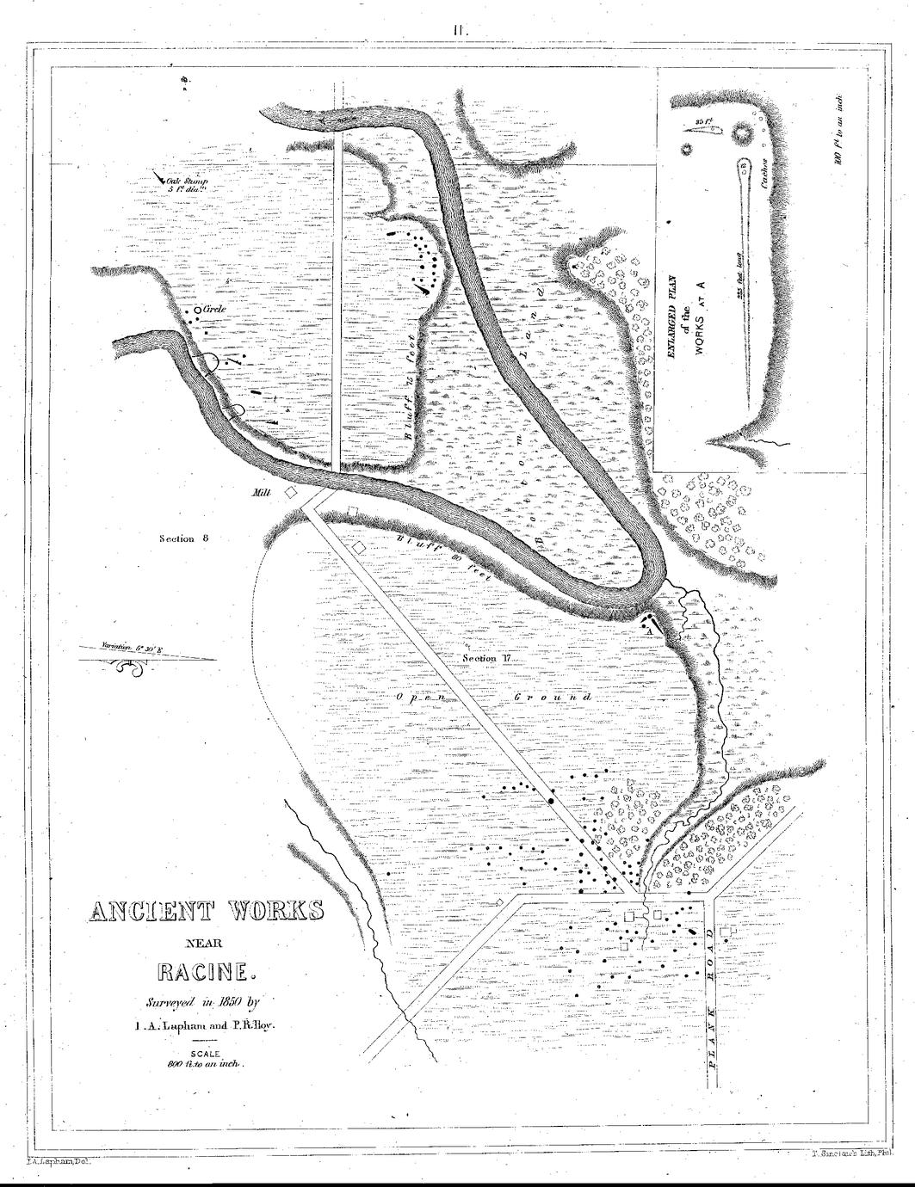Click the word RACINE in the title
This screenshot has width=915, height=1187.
pyautogui.click(x=207, y=973)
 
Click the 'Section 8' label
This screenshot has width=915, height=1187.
pyautogui.click(x=183, y=538)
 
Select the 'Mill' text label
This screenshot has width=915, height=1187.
pyautogui.click(x=262, y=494)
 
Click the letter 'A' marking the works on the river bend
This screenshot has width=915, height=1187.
pyautogui.click(x=640, y=630)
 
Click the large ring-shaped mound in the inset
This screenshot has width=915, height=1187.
pyautogui.click(x=741, y=133)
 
